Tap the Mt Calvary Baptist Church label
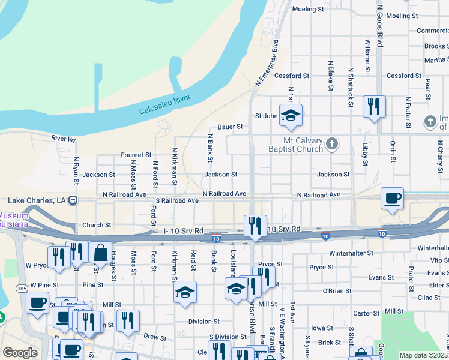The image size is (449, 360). coord(289,144)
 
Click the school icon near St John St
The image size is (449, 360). coord(291,115)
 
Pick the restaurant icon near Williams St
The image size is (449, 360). coord(374,107)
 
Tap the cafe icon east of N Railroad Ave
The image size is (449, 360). coord(393,199)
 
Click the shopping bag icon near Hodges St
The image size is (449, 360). coord(100,253)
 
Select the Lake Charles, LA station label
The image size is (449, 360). coord(37,200)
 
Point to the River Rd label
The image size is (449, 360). coord(64,139)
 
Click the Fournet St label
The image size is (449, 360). coord(136,155)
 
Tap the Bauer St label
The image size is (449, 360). coord(230,127)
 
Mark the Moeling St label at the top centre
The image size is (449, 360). coord(308,10)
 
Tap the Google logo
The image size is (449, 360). coord(20,353)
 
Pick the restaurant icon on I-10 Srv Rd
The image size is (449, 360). coord(255,226)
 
